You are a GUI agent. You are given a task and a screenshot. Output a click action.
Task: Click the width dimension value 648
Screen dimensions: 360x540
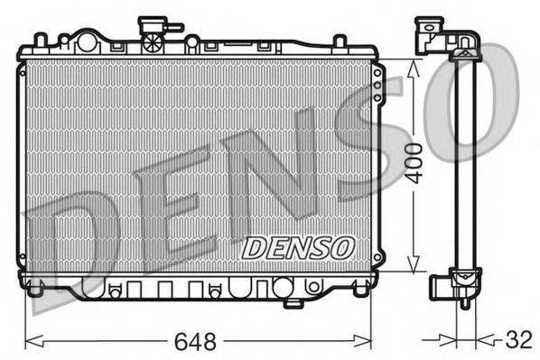tap(197, 342)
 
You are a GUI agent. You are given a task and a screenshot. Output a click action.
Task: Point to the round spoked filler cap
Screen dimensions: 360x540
tap(154, 42)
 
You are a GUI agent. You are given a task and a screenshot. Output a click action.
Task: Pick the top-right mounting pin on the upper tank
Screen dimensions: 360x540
tap(339, 41)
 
